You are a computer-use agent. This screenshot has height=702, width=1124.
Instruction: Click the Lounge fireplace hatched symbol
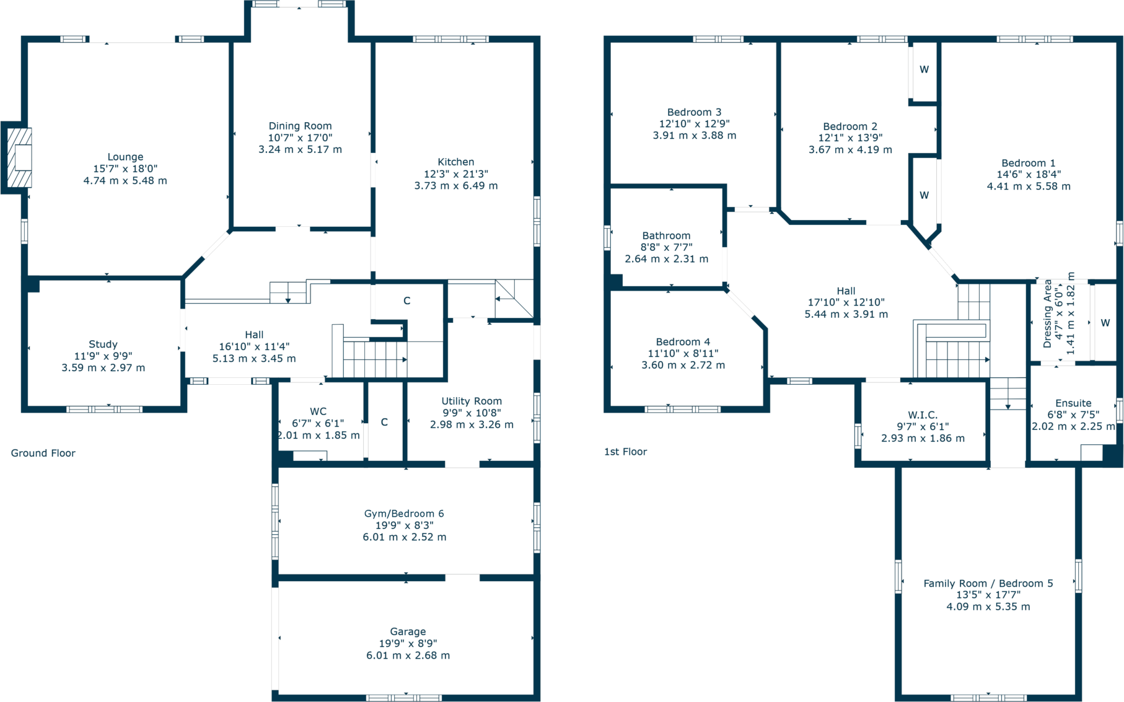[19, 157]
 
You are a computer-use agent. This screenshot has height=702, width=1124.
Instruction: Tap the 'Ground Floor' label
[43, 453]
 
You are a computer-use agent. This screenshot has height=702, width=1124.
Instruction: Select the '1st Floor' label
[625, 452]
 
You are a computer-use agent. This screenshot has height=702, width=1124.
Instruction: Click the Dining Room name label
[300, 126]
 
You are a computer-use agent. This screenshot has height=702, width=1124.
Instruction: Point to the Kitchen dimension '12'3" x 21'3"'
[455, 174]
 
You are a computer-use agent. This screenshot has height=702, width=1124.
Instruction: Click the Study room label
[103, 344]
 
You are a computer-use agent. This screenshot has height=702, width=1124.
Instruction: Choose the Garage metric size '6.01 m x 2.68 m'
[408, 655]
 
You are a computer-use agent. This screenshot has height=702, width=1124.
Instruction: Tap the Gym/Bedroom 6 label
[403, 513]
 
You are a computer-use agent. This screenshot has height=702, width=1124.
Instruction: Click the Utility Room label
[472, 401]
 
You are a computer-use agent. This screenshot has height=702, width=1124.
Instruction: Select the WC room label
[318, 411]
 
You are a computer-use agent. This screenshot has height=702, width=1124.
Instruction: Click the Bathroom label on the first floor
[666, 235]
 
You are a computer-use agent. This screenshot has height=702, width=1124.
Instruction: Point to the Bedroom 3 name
[694, 112]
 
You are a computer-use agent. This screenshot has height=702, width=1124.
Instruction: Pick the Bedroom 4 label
[683, 341]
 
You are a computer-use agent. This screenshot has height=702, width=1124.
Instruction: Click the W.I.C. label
[923, 415]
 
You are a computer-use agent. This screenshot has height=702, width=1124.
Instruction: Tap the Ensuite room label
[1073, 403]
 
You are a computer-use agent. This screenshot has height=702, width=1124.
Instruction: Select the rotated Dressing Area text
[1047, 314]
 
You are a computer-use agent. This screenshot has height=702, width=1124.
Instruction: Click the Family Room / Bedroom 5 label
[988, 583]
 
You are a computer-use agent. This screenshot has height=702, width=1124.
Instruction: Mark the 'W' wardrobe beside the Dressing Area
[1105, 323]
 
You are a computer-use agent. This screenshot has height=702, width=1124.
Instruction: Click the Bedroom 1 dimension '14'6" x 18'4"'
[1029, 175]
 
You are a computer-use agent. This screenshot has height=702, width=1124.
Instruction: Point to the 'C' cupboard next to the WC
[384, 422]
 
